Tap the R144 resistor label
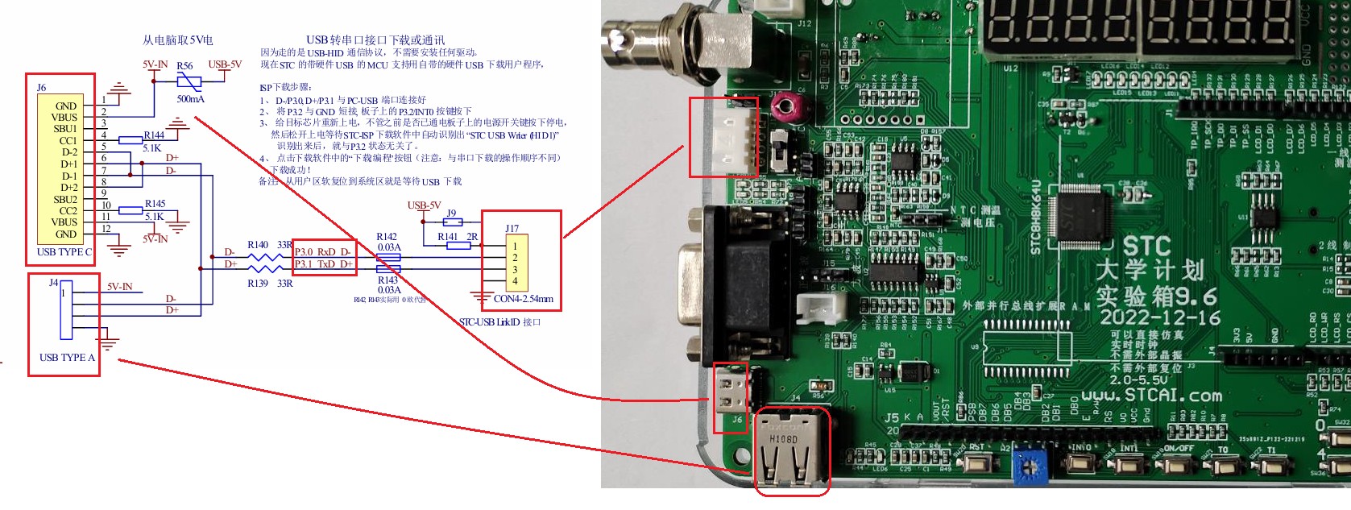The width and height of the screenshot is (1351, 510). (154, 135)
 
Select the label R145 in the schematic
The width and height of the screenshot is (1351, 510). (155, 204)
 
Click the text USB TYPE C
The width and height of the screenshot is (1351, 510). (64, 252)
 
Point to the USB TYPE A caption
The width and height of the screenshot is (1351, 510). (67, 358)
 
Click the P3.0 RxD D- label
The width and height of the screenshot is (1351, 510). (322, 252)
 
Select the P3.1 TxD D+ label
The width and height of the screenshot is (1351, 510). (323, 264)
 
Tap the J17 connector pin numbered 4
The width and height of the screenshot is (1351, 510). (515, 281)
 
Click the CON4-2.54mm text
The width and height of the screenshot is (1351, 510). (524, 299)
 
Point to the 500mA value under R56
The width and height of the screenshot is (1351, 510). (190, 99)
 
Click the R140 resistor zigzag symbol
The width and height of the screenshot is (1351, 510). (263, 257)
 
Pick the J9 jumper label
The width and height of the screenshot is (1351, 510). (451, 214)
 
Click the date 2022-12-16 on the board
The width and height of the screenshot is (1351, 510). (1160, 317)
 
